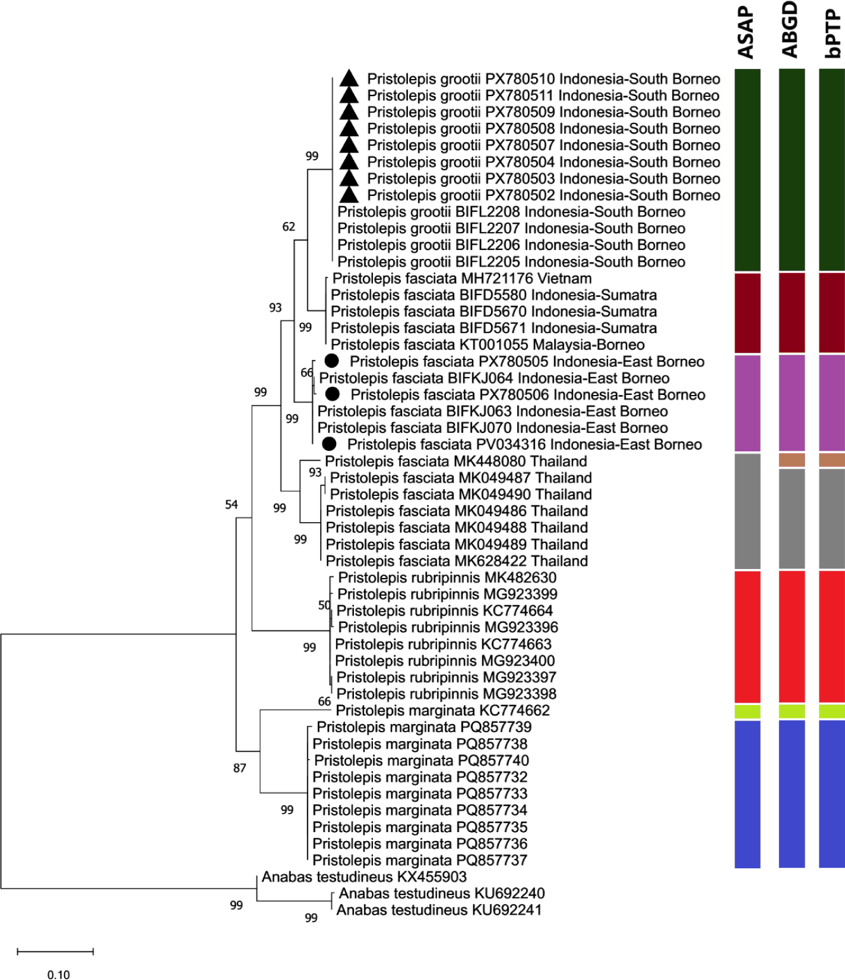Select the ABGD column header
coord(790,30)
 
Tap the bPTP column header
coord(833,34)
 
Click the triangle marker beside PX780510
coord(350,78)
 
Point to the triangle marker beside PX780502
coord(350,195)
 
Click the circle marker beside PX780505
coord(331,361)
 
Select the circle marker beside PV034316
coord(329,444)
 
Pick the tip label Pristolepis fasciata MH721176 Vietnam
coord(462,278)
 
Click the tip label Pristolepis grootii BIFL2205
coord(511,261)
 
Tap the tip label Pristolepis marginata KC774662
coord(443,710)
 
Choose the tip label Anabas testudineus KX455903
coord(364,877)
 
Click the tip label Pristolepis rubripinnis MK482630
coord(447,577)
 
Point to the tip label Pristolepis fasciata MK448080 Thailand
coord(456,461)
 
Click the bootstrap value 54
coord(232,504)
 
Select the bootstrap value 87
coord(239,768)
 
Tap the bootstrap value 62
coord(289,226)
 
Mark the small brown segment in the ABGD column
coord(792,460)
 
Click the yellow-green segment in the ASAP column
coord(748,712)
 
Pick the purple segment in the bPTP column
coord(832,403)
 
